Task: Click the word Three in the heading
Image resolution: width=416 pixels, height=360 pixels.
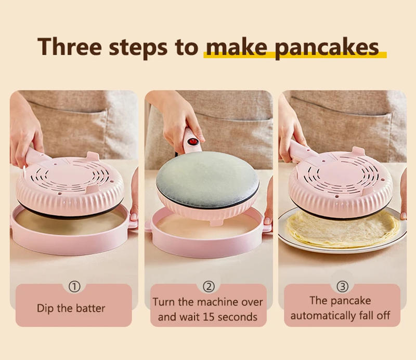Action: coord(69,46)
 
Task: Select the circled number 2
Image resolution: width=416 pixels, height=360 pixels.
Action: coord(209,287)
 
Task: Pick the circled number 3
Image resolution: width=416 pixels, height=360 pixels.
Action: coord(342,287)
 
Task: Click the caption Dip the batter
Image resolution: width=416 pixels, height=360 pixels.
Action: coord(71,308)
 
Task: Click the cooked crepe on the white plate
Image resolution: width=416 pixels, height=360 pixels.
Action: coord(343,229)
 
